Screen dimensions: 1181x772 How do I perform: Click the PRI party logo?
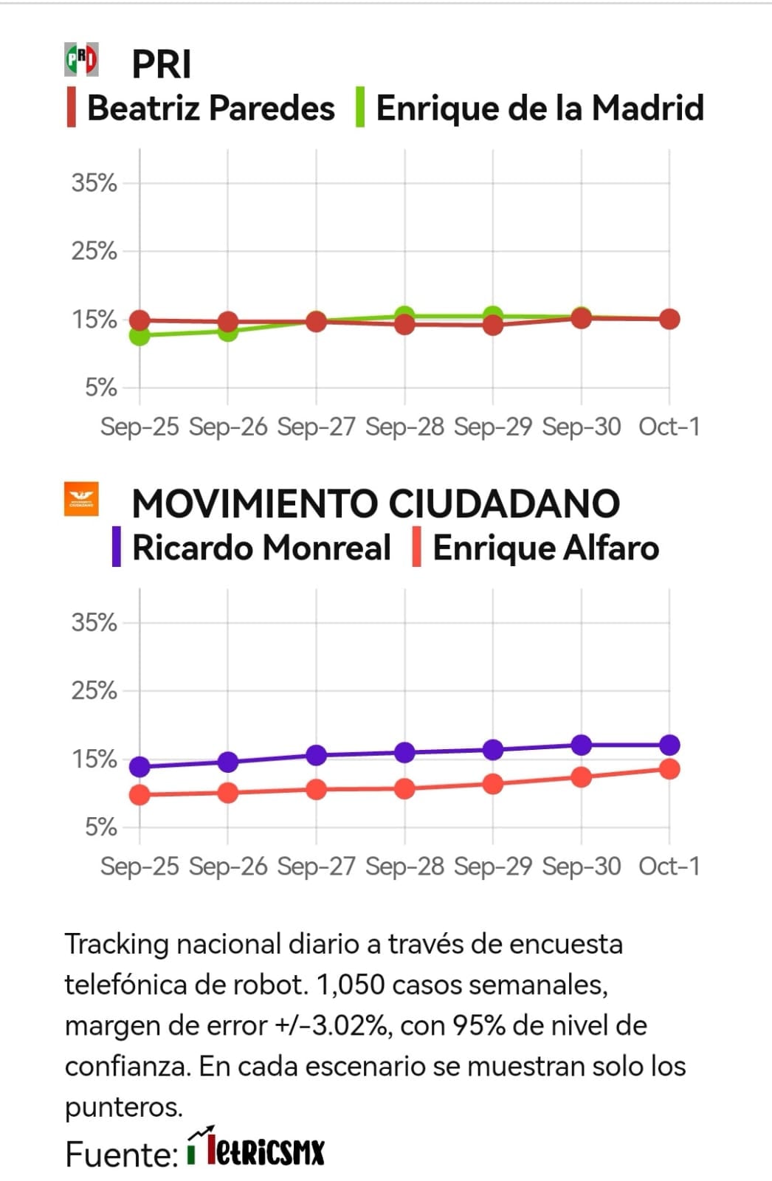tap(81, 60)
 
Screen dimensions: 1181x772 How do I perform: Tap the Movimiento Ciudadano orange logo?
tap(81, 499)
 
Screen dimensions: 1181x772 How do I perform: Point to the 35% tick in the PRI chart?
tap(94, 182)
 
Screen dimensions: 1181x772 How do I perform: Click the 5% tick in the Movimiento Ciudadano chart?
tap(101, 827)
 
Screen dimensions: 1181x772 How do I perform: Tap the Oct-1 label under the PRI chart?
tap(669, 427)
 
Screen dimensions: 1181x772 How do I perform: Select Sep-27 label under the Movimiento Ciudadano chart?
tap(316, 866)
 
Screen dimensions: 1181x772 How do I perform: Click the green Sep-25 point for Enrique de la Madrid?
tap(139, 335)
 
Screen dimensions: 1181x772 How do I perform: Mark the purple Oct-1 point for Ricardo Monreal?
tap(669, 745)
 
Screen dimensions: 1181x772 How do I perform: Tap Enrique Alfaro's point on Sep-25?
tap(139, 795)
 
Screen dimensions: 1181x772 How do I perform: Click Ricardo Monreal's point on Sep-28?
tap(404, 753)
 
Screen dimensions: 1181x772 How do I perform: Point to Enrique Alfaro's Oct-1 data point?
tap(669, 769)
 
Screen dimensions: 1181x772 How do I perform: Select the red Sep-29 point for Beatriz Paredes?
tap(493, 325)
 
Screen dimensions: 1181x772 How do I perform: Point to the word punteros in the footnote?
tap(123, 1107)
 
